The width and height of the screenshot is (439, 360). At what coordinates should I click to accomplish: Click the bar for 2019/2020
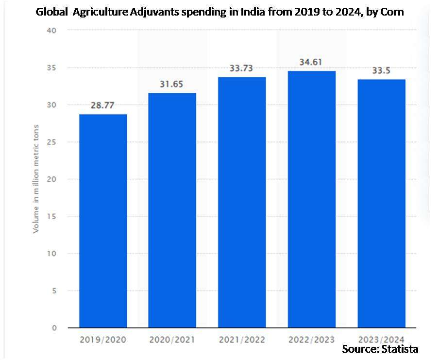(x=103, y=221)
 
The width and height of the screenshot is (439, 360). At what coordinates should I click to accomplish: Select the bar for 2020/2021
(x=172, y=210)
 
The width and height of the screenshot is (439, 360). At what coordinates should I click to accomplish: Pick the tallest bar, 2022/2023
(x=312, y=199)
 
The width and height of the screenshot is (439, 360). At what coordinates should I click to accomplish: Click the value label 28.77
(x=103, y=105)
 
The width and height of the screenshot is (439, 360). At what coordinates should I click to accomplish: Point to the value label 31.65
(x=172, y=84)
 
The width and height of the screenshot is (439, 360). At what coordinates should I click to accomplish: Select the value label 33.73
(x=242, y=69)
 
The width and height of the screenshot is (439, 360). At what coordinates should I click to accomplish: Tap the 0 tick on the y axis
(x=54, y=328)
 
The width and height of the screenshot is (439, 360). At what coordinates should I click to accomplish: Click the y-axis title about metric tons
(x=36, y=179)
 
